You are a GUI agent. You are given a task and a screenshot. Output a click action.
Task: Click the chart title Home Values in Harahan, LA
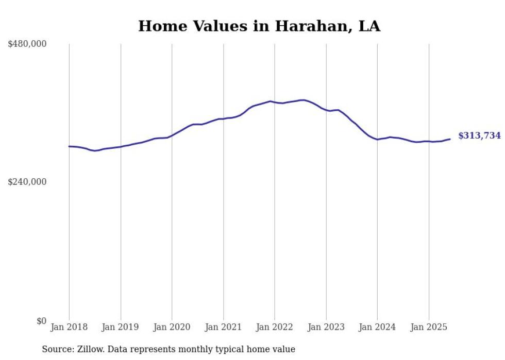pos(259,26)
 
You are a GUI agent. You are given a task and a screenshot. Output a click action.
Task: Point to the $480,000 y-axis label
pos(27,44)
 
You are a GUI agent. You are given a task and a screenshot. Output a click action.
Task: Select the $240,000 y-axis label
pos(27,182)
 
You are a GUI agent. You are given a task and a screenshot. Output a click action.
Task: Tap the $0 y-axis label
pos(41,321)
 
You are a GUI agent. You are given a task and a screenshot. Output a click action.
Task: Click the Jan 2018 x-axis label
pos(69,327)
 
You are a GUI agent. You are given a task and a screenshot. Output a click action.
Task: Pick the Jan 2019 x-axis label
pos(121,327)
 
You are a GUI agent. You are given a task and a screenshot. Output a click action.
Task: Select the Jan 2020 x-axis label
pos(172,327)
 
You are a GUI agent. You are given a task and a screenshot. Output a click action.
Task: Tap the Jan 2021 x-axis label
pos(223,327)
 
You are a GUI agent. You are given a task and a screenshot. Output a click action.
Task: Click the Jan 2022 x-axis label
pos(275,327)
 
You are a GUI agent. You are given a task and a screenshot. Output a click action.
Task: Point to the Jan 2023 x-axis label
pos(326,327)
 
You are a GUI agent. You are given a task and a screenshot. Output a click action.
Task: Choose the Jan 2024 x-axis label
pos(377,327)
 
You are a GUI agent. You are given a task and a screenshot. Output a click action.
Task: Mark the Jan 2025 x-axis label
pos(429,327)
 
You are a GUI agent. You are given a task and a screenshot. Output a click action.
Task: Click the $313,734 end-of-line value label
pos(479,135)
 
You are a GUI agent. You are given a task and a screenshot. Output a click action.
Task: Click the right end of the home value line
pos(450,139)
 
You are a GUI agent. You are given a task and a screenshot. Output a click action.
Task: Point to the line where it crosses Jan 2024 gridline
pos(377,139)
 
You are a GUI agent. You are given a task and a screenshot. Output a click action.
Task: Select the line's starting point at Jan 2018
pos(69,146)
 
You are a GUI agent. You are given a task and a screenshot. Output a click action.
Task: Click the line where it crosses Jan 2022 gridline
pos(275,102)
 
